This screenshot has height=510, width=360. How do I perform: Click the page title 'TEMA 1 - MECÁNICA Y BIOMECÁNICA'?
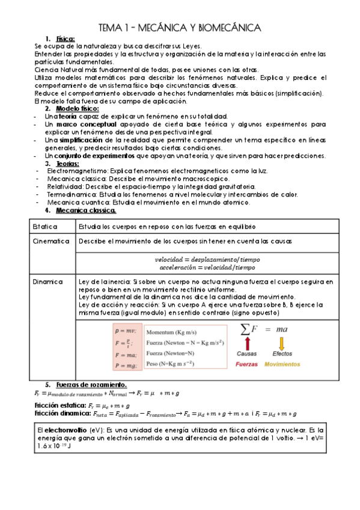pyautogui.click(x=179, y=28)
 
